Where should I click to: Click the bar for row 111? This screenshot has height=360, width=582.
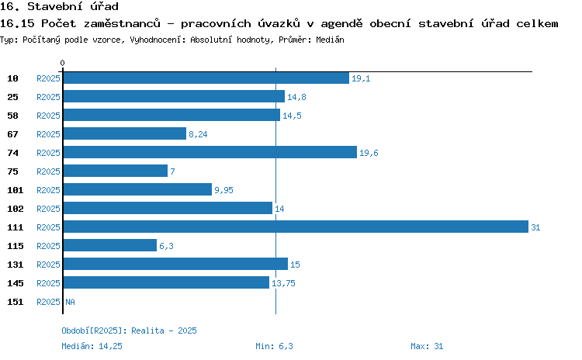(x=296, y=227)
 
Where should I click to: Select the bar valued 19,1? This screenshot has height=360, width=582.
(x=206, y=78)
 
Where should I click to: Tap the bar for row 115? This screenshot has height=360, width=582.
(x=110, y=245)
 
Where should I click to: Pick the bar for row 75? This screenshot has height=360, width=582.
(x=116, y=171)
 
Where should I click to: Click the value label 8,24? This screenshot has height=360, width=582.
(x=198, y=134)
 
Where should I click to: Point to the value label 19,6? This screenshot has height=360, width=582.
(x=369, y=153)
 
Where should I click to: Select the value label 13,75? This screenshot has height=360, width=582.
(x=283, y=283)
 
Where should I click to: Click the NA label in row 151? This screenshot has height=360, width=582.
(x=70, y=302)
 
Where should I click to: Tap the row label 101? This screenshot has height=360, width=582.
(x=16, y=190)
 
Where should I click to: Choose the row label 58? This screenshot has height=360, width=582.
(x=12, y=116)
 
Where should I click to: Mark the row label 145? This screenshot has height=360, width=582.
(x=16, y=283)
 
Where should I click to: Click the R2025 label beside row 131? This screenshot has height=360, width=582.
(x=48, y=265)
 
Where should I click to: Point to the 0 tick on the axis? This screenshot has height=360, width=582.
(x=62, y=63)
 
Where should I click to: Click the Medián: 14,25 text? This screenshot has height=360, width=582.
(x=92, y=346)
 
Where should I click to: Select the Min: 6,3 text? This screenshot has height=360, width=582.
(x=274, y=346)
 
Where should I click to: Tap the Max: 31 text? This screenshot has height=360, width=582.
(x=427, y=346)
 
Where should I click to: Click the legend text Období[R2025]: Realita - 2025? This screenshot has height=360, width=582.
(x=129, y=331)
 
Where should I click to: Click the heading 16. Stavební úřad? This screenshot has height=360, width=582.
(x=60, y=6)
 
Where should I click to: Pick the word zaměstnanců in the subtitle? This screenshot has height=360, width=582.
(x=122, y=23)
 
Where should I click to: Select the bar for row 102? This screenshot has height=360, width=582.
(x=168, y=208)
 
